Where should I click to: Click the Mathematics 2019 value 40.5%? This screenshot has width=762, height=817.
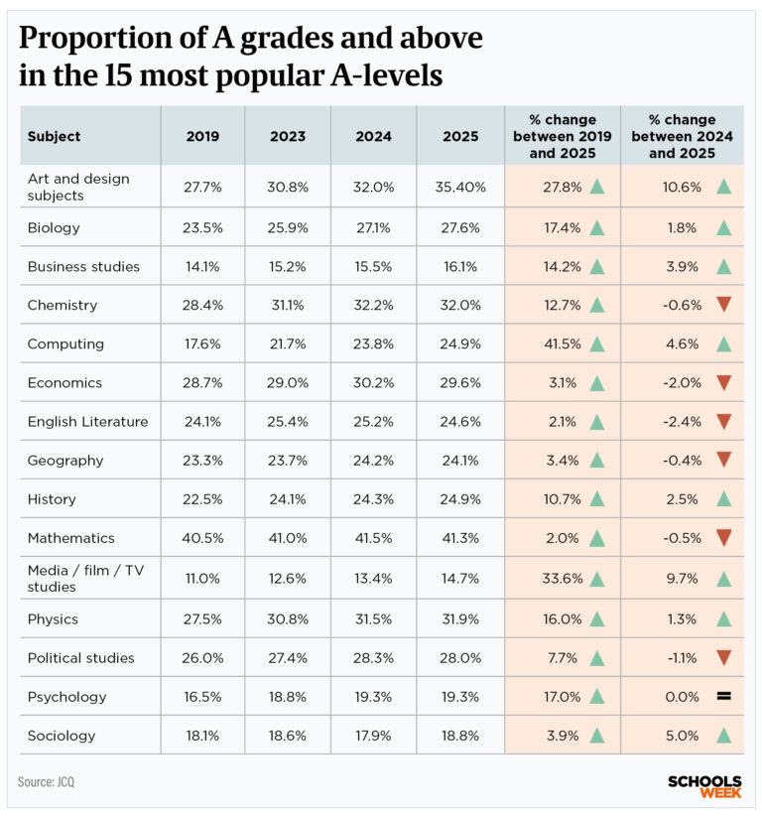[202, 538]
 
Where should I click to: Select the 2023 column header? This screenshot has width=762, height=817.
[288, 136]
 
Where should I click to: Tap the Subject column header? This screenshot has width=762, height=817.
[54, 136]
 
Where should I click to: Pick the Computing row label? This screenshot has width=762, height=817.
[65, 344]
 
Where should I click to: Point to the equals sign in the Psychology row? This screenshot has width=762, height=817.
[723, 697]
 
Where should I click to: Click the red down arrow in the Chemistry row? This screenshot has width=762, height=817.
[723, 305]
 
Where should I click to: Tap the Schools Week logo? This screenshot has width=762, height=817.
[705, 786]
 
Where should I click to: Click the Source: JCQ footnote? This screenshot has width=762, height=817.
[46, 782]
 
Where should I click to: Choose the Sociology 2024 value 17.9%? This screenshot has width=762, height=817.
[373, 736]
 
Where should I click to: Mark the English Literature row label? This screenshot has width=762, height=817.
[87, 422]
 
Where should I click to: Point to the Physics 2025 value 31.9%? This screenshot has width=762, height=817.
[458, 619]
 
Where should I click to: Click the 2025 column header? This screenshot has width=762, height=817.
[458, 136]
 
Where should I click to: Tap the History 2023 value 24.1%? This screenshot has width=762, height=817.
[288, 499]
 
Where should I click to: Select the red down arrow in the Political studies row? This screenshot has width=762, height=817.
[723, 658]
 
